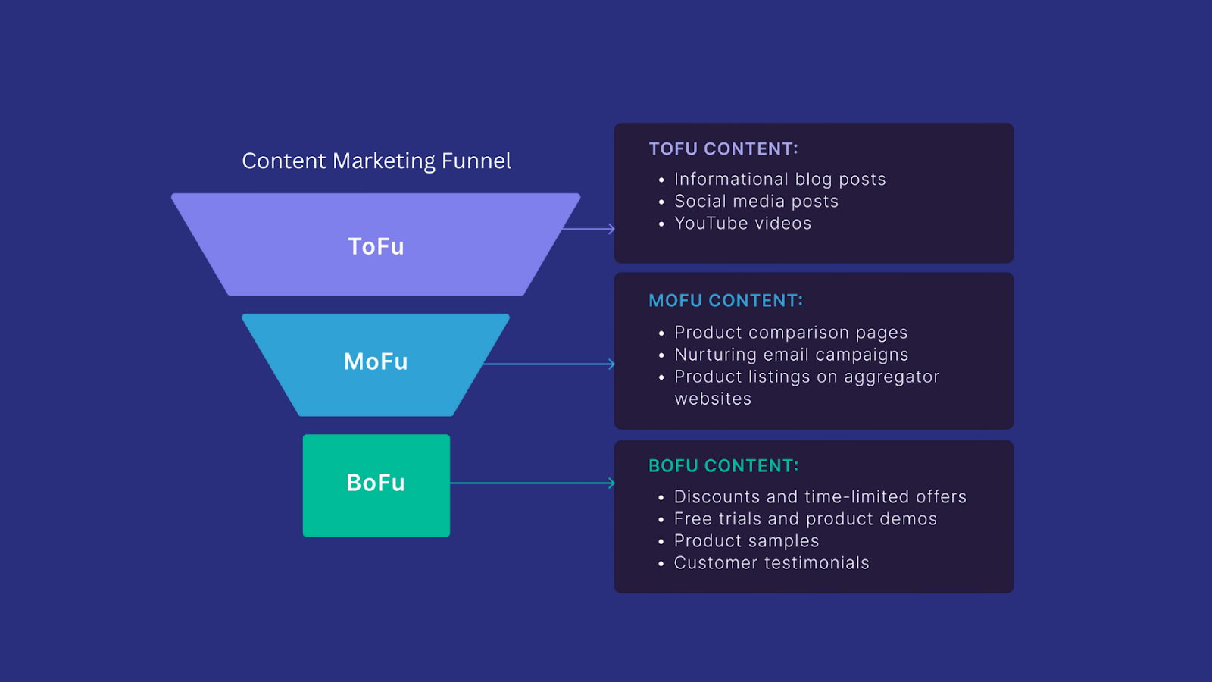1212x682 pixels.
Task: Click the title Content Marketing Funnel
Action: point(376,161)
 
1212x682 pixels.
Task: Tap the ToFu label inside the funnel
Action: point(376,246)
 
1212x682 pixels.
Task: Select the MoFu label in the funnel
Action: point(376,361)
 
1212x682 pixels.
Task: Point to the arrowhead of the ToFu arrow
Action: point(611,228)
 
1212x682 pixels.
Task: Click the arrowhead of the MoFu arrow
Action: point(611,364)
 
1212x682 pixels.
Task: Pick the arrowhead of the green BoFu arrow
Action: point(611,483)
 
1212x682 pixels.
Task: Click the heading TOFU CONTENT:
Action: point(723,149)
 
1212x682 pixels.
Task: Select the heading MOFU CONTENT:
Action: point(726,301)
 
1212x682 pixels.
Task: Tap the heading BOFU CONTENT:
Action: point(723,466)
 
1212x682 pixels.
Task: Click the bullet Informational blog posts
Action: point(779,180)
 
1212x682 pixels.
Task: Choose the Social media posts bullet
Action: point(756,202)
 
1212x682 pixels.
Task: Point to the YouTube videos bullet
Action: point(742,224)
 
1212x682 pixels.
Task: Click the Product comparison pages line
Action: point(790,333)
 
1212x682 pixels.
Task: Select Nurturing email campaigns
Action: point(791,355)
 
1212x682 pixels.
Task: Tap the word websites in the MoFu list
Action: point(713,399)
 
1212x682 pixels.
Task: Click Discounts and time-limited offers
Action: point(820,497)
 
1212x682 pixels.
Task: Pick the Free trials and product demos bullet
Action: point(805,519)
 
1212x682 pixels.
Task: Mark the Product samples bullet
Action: point(746,541)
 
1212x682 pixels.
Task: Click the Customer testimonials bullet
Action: point(771,563)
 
